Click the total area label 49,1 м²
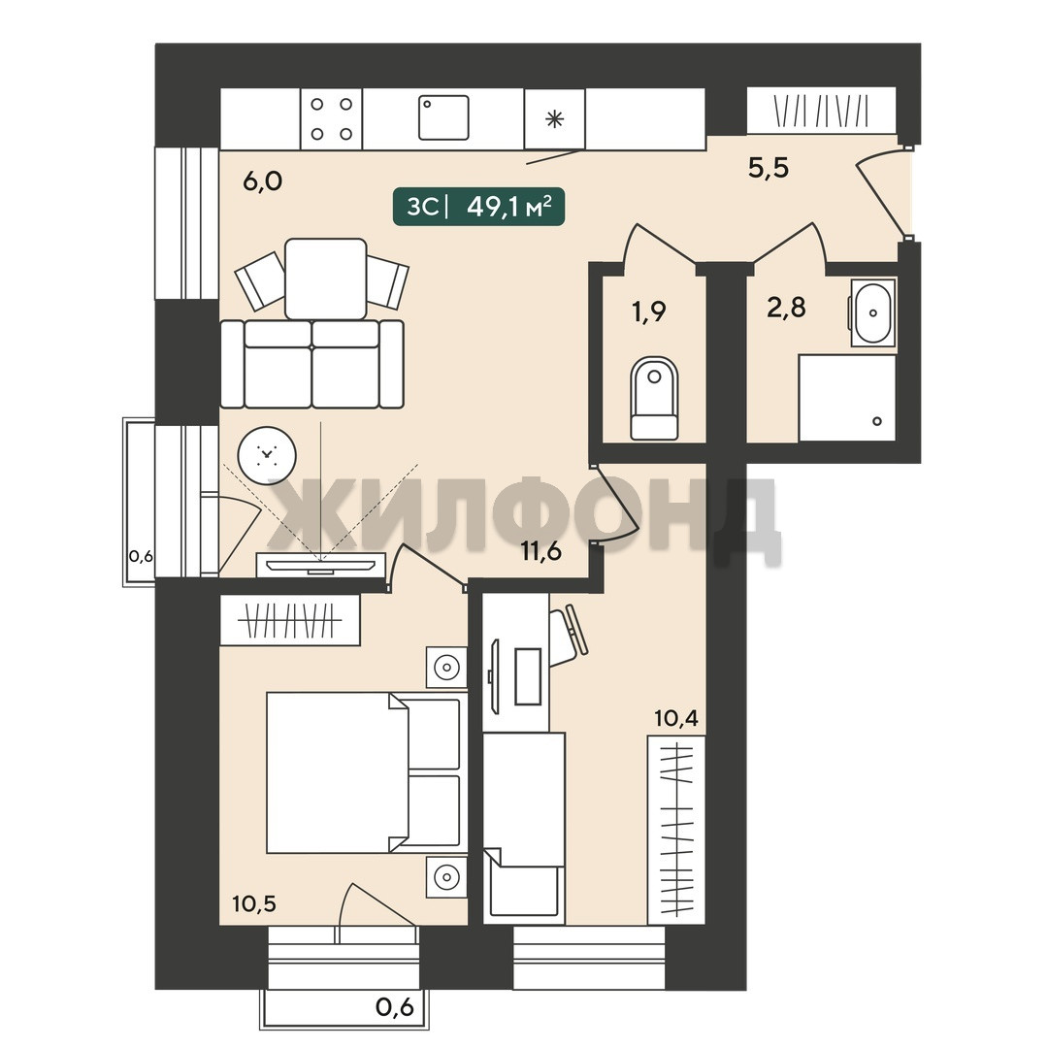(510, 207)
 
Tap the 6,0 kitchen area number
(263, 180)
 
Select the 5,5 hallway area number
(769, 167)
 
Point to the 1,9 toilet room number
(649, 311)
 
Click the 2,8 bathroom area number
(787, 308)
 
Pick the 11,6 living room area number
(541, 552)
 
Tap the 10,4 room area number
(676, 718)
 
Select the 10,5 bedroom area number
(254, 903)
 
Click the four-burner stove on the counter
(332, 119)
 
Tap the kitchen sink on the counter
(443, 117)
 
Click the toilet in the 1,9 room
(654, 399)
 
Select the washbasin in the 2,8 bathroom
(872, 312)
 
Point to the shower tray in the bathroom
(847, 398)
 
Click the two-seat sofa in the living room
(312, 364)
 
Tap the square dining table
(325, 278)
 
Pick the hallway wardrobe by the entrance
(822, 111)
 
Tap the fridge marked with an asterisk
(555, 119)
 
